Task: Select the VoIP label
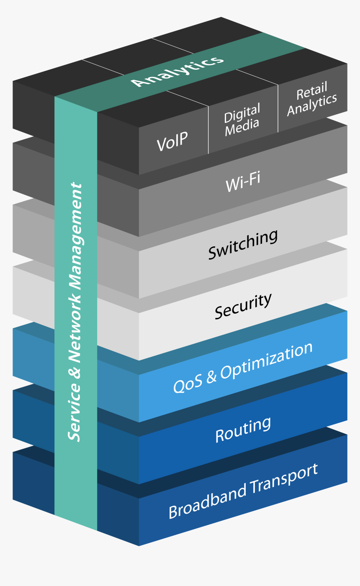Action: pyautogui.click(x=172, y=141)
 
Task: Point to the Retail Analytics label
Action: pyautogui.click(x=312, y=100)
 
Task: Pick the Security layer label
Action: pyautogui.click(x=243, y=306)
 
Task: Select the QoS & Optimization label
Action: pyautogui.click(x=243, y=368)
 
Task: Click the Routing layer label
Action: pyautogui.click(x=243, y=430)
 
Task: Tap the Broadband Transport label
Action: pyautogui.click(x=243, y=491)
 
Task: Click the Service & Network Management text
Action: pyautogui.click(x=76, y=312)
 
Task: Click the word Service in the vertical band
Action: pyautogui.click(x=75, y=412)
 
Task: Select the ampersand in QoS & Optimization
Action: pyautogui.click(x=211, y=376)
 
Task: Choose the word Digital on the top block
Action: pyautogui.click(x=242, y=112)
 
